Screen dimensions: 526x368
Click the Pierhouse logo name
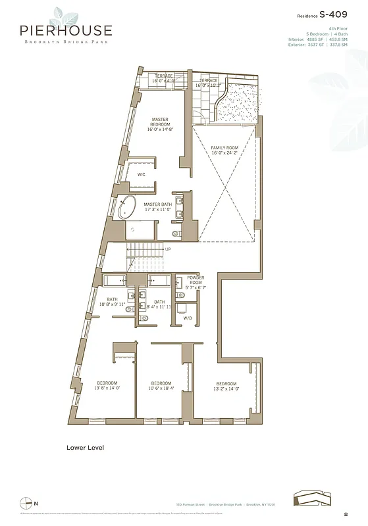[x=65, y=30]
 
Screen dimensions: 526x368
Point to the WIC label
[x=141, y=174]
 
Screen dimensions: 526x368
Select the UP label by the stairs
[x=168, y=249]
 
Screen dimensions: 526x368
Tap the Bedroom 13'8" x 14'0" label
[x=107, y=385]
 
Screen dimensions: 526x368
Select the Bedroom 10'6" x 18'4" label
[x=161, y=385]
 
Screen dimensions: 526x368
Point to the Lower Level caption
[x=85, y=448]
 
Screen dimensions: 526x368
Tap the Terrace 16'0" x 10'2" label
[x=209, y=83]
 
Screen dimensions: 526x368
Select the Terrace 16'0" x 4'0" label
[x=164, y=78]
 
